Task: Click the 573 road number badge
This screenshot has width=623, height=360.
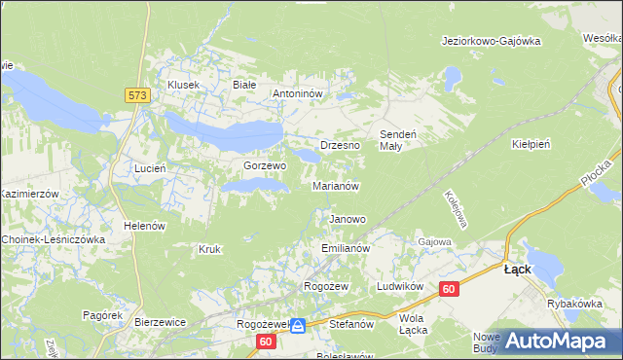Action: (136, 94)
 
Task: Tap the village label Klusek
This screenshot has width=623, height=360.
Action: (183, 85)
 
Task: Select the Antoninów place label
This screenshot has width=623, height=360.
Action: (303, 94)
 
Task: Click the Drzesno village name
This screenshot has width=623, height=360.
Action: (340, 145)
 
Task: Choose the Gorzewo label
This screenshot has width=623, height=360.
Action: (264, 166)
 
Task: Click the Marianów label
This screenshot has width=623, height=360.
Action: (336, 185)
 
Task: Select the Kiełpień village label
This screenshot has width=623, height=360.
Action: (531, 144)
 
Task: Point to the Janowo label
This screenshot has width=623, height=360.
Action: (348, 219)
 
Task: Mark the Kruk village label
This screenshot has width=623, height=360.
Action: (209, 249)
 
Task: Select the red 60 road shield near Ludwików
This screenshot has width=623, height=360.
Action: (448, 289)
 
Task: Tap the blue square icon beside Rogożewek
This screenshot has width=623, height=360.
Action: (298, 326)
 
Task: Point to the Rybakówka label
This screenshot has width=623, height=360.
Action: (574, 304)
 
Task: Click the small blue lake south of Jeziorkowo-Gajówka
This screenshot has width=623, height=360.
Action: (451, 74)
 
